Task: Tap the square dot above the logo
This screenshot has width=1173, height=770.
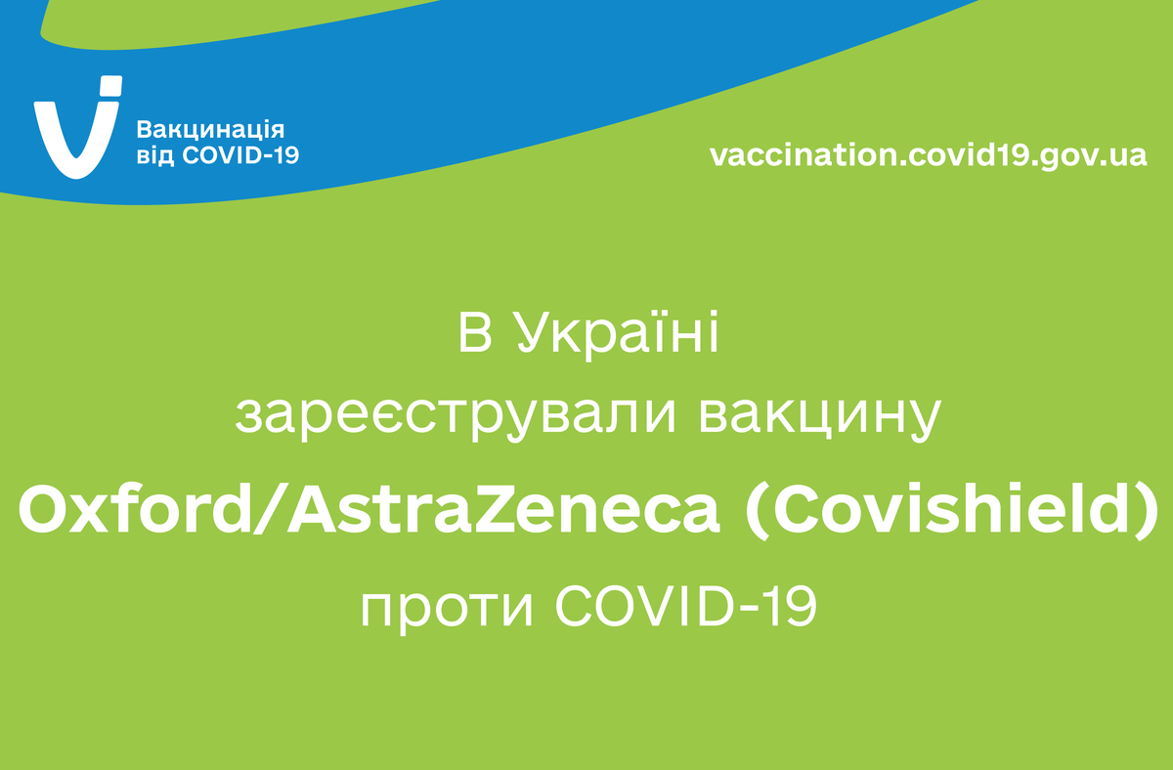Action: [111, 86]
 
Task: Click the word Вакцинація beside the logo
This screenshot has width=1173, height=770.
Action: [210, 130]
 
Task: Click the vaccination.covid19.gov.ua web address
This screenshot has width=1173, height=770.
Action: [929, 155]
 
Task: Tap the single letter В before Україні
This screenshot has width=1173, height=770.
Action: [475, 333]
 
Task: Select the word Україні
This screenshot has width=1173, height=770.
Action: [618, 334]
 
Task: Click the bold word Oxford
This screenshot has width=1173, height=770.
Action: [135, 509]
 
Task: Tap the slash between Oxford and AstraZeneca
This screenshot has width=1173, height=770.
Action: [270, 510]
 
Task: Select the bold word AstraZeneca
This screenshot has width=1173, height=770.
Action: [503, 509]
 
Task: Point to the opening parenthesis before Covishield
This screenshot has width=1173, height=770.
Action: [758, 510]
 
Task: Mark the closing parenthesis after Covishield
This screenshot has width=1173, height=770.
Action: [1146, 510]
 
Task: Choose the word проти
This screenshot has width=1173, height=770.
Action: [447, 608]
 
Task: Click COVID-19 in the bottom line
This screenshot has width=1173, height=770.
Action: [686, 605]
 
